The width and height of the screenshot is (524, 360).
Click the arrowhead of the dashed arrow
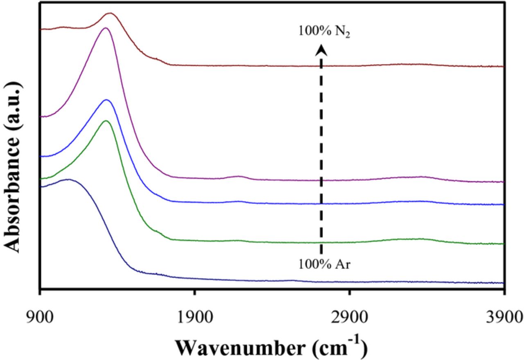click(322, 49)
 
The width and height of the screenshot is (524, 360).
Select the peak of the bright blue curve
click(107, 100)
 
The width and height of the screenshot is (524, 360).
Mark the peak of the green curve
click(106, 121)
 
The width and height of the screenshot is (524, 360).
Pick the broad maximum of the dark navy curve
click(68, 179)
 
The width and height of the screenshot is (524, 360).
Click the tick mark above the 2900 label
click(350, 292)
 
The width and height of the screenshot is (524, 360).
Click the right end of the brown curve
click(502, 66)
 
